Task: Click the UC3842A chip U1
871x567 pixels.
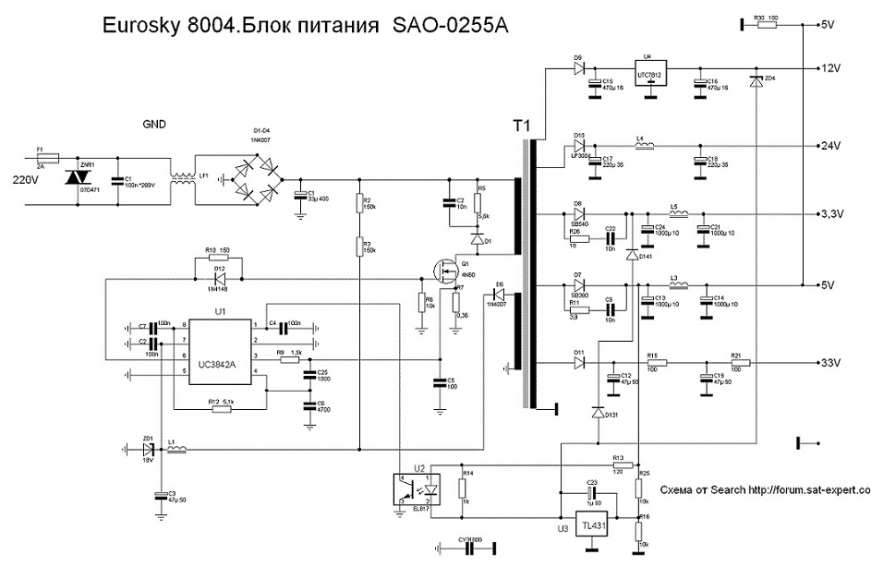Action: click(x=221, y=353)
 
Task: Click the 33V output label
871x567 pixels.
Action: click(x=834, y=363)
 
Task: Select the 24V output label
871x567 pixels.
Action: click(x=834, y=147)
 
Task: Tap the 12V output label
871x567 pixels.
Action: click(x=834, y=69)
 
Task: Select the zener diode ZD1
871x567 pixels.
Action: click(x=147, y=450)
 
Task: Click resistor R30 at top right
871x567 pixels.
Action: click(x=767, y=25)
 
